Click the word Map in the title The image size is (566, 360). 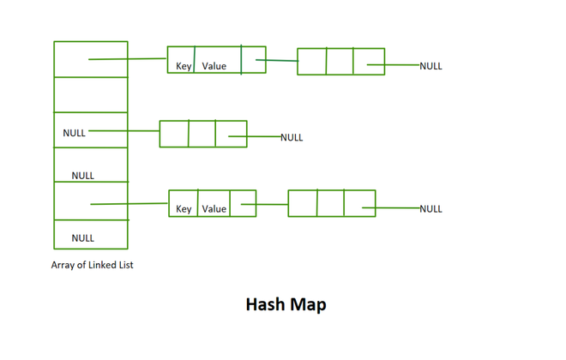click(309, 304)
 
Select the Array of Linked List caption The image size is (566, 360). click(92, 265)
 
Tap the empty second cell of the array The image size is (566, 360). click(91, 94)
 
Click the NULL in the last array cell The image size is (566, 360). click(82, 237)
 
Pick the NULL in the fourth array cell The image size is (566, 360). click(82, 175)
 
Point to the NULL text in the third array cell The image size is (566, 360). click(74, 133)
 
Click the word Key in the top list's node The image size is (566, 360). click(184, 66)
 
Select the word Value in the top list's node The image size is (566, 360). click(214, 66)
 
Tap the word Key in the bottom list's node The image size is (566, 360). click(184, 208)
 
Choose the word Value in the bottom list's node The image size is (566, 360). click(214, 208)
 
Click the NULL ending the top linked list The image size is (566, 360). click(431, 66)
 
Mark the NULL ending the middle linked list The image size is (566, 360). click(292, 137)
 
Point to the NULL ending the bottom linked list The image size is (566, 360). click(431, 208)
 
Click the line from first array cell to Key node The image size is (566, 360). click(129, 59)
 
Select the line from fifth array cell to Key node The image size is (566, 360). click(129, 204)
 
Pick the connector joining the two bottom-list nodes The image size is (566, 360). click(272, 204)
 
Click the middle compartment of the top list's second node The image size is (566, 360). click(340, 62)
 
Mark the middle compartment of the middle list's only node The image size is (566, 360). click(202, 134)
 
